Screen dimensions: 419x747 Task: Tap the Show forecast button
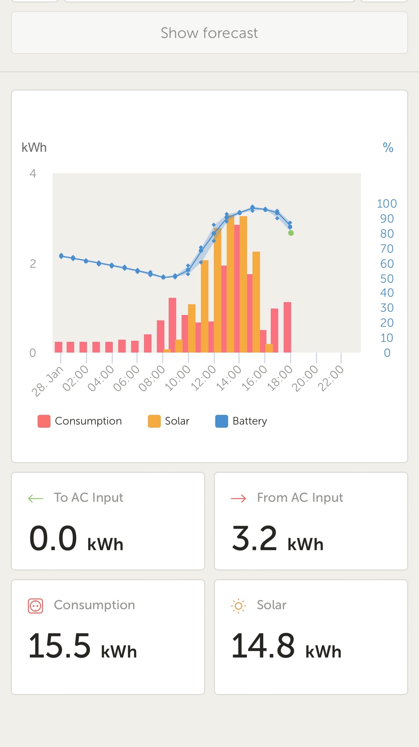209,33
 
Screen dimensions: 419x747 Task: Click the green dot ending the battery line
291,233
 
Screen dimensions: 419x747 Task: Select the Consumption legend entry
80,421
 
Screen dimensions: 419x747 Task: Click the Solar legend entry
169,421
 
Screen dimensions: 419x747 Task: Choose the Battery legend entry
241,421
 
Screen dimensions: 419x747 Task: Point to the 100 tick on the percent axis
387,204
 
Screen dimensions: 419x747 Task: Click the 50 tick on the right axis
387,278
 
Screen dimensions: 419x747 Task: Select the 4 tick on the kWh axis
33,174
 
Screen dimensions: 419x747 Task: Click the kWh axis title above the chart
34,147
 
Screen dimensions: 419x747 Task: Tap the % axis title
388,147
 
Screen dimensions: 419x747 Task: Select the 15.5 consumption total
59,646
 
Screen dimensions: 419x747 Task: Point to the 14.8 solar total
263,646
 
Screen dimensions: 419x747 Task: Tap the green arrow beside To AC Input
35,498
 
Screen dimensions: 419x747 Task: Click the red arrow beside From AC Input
239,498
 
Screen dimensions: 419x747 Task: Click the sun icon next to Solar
239,606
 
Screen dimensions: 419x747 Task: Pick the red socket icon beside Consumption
35,606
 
